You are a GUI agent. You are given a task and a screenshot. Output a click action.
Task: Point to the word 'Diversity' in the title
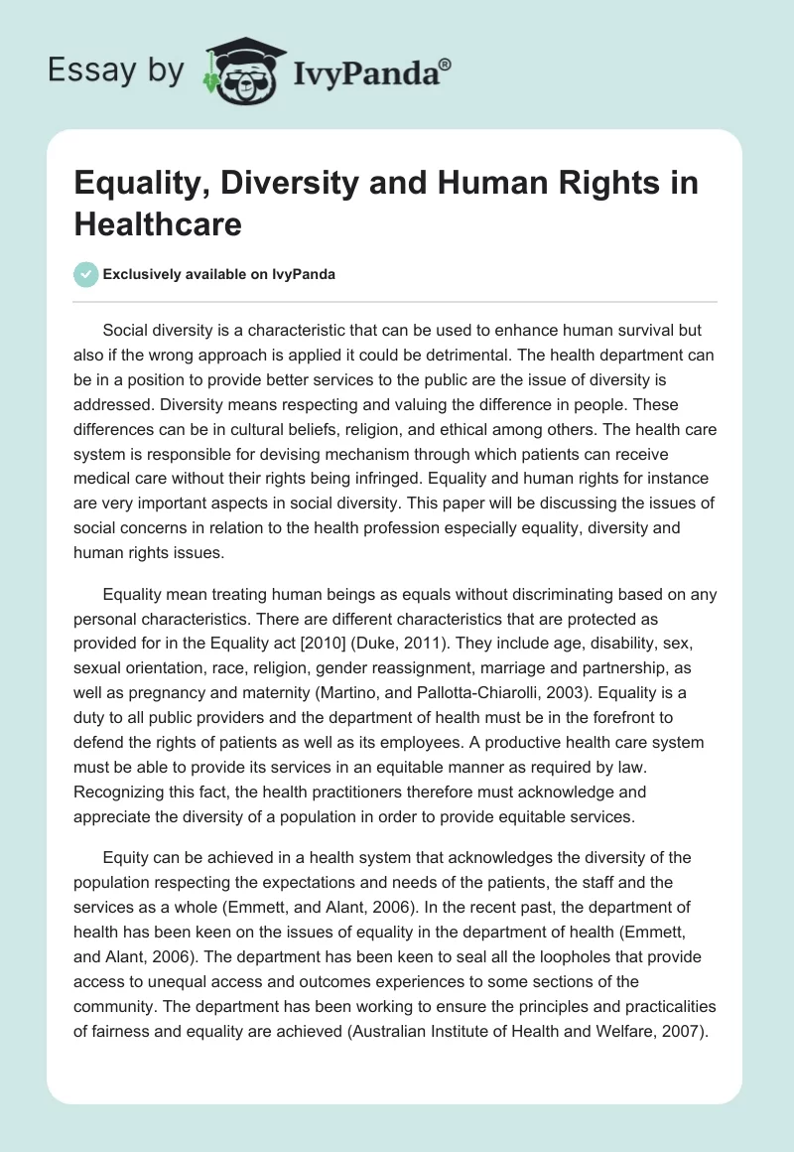[x=319, y=184]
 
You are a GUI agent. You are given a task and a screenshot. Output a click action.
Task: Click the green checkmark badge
[x=86, y=274]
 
